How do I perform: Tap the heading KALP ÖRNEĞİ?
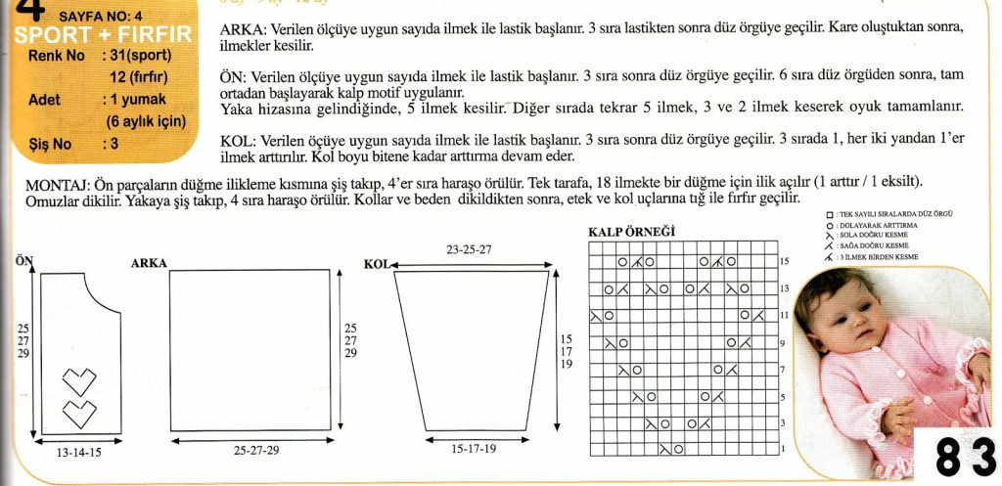pyautogui.click(x=631, y=232)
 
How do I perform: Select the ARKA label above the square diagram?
pyautogui.click(x=149, y=262)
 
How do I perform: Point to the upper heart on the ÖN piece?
pyautogui.click(x=79, y=378)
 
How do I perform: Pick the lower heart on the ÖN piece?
pyautogui.click(x=79, y=412)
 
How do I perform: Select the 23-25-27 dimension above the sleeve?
pyautogui.click(x=469, y=249)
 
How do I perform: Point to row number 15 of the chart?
pyautogui.click(x=783, y=262)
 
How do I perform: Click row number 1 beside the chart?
pyautogui.click(x=783, y=449)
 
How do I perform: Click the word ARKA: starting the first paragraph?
pyautogui.click(x=244, y=30)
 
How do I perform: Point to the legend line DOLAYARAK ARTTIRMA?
pyautogui.click(x=880, y=225)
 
